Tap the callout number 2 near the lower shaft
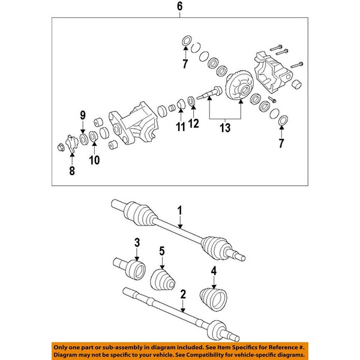pyautogui.click(x=137, y=242)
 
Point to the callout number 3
pyautogui.click(x=212, y=271)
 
